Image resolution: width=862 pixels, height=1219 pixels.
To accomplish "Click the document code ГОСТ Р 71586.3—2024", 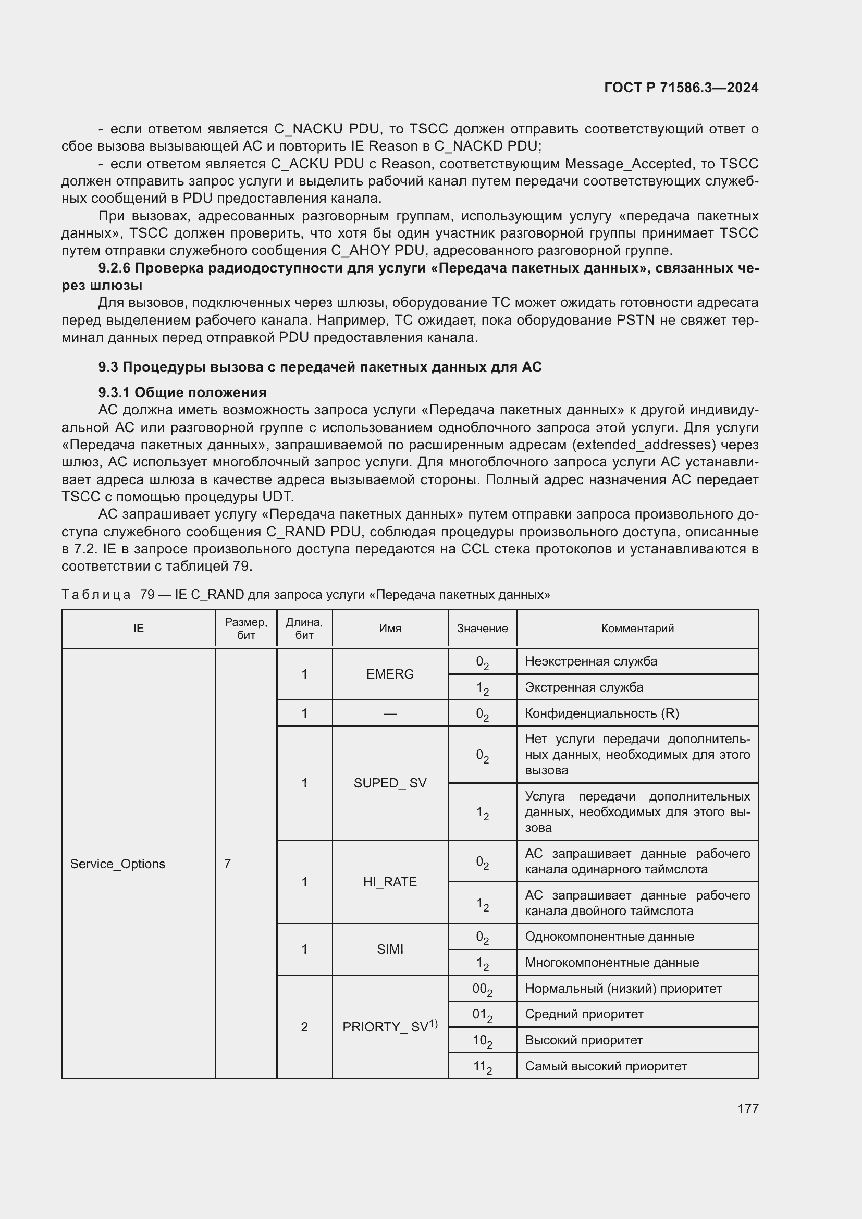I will (x=681, y=88).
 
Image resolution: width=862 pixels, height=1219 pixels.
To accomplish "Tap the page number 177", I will (x=747, y=1109).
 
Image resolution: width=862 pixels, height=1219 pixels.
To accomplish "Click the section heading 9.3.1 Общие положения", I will (x=182, y=392).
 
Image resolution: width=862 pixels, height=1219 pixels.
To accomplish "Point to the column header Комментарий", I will (x=637, y=628).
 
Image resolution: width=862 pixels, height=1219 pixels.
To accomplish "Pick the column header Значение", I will (x=482, y=628).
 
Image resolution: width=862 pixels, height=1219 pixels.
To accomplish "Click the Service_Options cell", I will (x=118, y=864).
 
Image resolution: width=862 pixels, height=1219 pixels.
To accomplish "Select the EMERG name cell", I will (x=390, y=674).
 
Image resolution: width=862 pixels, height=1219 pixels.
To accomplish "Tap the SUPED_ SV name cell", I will (x=390, y=783).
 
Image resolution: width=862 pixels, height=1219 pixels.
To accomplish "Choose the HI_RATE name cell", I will (x=390, y=882).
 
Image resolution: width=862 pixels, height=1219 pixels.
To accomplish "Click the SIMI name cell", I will (x=390, y=949).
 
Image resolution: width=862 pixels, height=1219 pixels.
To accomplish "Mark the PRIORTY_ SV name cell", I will (x=390, y=1027).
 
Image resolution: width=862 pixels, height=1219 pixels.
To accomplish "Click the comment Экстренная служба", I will (x=584, y=687).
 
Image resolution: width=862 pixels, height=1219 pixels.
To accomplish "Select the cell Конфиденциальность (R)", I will (x=602, y=713).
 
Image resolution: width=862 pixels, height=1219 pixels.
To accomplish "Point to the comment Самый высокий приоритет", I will (x=606, y=1066).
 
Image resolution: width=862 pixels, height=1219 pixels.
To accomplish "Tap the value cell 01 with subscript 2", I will (x=482, y=1015).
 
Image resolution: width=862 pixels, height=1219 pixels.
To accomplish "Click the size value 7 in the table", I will (x=227, y=864).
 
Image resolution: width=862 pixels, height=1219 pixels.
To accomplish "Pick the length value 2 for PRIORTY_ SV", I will (x=304, y=1027).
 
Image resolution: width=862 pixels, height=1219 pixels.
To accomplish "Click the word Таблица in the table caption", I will (x=96, y=595).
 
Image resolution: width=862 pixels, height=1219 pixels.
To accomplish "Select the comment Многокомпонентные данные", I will (x=611, y=963).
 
